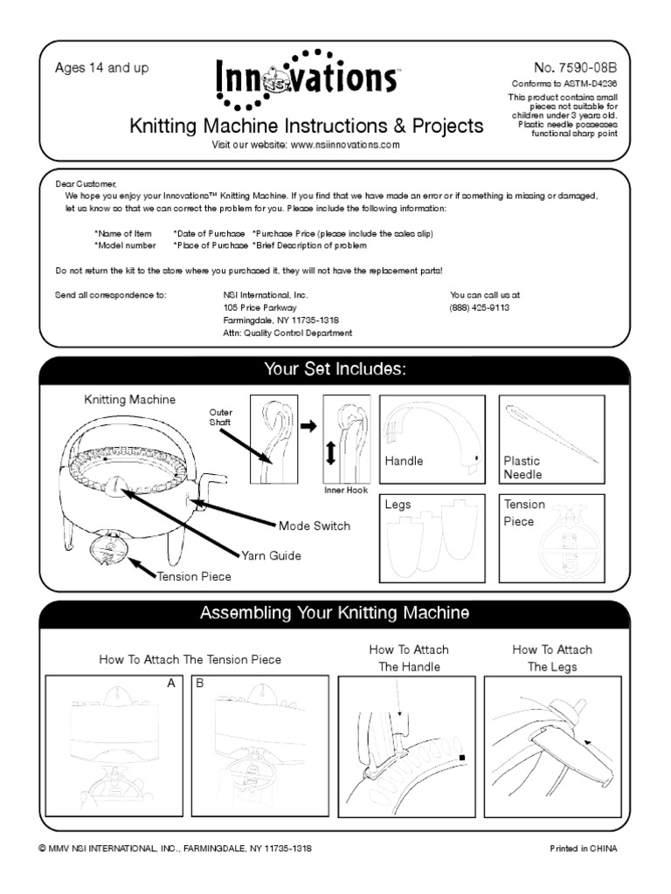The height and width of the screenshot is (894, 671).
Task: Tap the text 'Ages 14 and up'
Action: tap(102, 67)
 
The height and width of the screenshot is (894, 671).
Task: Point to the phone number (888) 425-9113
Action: tap(480, 308)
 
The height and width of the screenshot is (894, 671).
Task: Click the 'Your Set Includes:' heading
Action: tap(335, 370)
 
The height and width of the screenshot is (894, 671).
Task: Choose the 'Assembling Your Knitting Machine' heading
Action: tap(335, 613)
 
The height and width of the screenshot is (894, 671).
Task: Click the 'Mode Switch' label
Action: tap(315, 526)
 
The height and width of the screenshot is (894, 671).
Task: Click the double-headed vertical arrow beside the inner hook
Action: tap(329, 454)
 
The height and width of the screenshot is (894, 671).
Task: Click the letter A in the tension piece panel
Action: tap(172, 684)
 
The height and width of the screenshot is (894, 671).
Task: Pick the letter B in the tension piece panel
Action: tap(199, 684)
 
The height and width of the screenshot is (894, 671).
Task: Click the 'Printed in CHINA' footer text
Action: tap(583, 848)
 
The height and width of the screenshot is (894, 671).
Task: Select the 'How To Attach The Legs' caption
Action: tap(551, 658)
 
